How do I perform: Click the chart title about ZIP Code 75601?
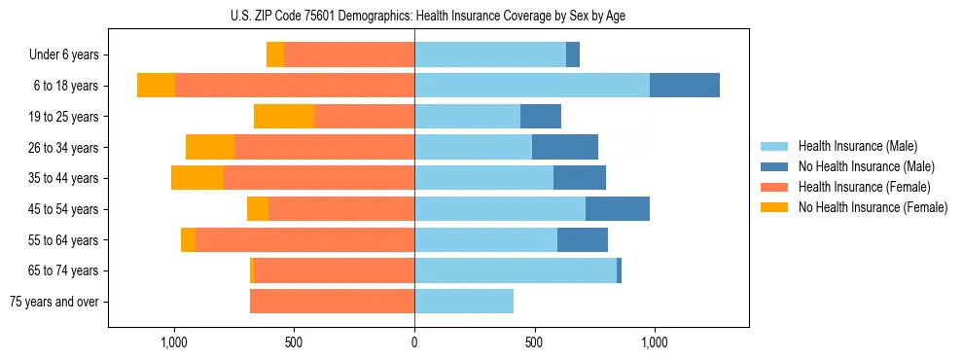[414, 16]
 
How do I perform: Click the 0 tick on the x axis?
[414, 342]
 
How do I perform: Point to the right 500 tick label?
[534, 342]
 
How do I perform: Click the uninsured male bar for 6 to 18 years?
[685, 86]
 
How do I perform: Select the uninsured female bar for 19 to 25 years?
[284, 117]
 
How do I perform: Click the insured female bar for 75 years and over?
[332, 302]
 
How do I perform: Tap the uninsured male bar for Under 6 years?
[573, 55]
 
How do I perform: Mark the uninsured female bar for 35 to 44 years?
[197, 178]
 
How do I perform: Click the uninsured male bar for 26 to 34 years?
[565, 148]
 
